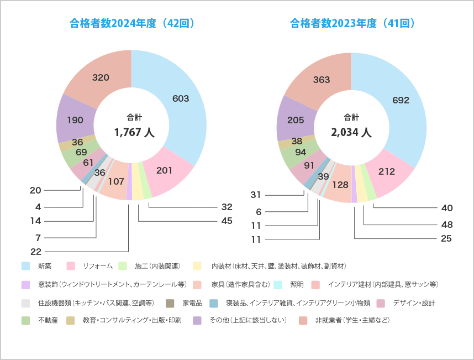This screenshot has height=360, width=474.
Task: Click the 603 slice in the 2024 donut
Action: pyautogui.click(x=181, y=98)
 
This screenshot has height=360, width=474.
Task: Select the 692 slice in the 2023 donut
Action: pyautogui.click(x=401, y=100)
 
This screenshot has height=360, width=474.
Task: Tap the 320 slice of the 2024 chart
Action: pyautogui.click(x=101, y=77)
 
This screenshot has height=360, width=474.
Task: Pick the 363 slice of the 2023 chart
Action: pyautogui.click(x=322, y=80)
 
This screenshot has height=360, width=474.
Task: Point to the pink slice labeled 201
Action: pyautogui.click(x=165, y=170)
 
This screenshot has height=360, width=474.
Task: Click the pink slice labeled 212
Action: pyautogui.click(x=387, y=171)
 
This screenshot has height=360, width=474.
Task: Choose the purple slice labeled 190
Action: pyautogui.click(x=75, y=119)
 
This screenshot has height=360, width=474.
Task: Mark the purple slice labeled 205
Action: pyautogui.click(x=296, y=119)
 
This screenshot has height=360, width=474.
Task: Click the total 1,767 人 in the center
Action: pyautogui.click(x=134, y=133)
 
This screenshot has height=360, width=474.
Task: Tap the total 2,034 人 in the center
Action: pyautogui.click(x=351, y=133)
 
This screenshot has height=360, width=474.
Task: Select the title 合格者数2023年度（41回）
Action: pyautogui.click(x=352, y=24)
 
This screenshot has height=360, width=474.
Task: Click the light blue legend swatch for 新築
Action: pyautogui.click(x=25, y=266)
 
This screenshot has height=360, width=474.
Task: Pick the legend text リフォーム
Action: pyautogui.click(x=98, y=266)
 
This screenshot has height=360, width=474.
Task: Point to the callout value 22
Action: pyautogui.click(x=36, y=252)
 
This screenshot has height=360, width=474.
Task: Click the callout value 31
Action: pyautogui.click(x=255, y=195)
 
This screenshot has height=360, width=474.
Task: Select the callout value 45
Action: pyautogui.click(x=227, y=221)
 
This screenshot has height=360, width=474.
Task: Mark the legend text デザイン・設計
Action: pyautogui.click(x=414, y=302)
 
